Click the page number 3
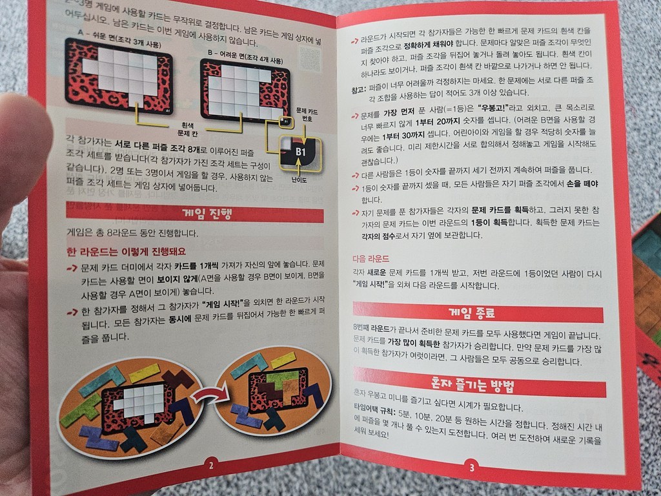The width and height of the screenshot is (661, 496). point(472,468)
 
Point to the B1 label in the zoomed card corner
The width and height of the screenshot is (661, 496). point(301,151)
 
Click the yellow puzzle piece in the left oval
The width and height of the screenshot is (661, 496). point(143,371)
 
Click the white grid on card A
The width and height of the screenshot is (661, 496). point(123,72)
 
